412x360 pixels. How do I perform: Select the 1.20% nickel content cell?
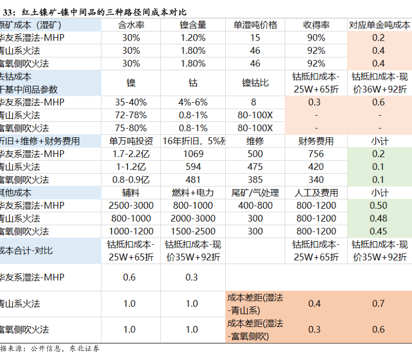pos(193,38)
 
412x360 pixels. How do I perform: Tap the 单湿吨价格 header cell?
pos(255,25)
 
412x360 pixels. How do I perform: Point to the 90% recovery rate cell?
pos(316,38)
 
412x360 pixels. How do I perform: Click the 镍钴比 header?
pos(255,83)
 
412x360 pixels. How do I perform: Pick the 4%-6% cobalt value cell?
pos(193,102)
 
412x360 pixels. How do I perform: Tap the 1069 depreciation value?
pos(193,154)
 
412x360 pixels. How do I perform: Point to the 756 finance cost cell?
pos(316,154)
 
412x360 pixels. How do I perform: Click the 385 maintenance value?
pos(255,180)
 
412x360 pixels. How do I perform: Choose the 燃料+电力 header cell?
pos(193,193)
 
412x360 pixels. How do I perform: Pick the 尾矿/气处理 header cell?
pos(255,193)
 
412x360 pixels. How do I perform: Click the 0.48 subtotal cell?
pos(378,218)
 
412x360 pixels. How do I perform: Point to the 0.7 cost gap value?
pos(378,304)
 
